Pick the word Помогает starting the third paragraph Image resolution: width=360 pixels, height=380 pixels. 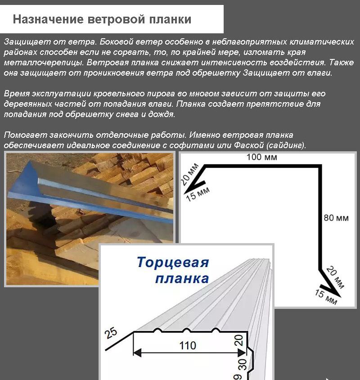(22, 135)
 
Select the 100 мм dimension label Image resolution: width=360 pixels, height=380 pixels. (261, 158)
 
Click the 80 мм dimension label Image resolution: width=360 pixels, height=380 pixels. (336, 218)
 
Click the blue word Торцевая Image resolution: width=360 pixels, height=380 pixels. (173, 262)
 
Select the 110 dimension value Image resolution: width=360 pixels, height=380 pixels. (187, 345)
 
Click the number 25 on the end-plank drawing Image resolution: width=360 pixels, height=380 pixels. (110, 334)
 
